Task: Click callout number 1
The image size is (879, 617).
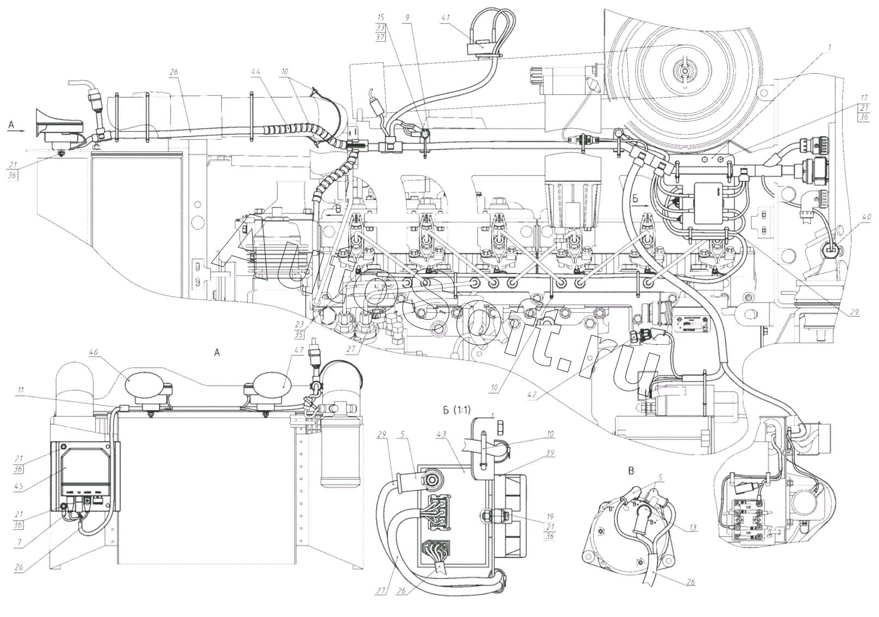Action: pyautogui.click(x=830, y=47)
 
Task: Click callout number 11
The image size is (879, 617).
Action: pyautogui.click(x=20, y=389)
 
